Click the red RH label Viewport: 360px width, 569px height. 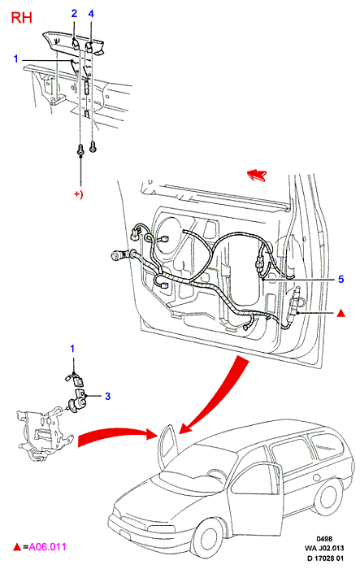pyautogui.click(x=21, y=17)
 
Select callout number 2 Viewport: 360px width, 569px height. pyautogui.click(x=74, y=14)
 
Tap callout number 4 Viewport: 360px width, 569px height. pyautogui.click(x=91, y=14)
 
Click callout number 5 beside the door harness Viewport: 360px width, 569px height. pyautogui.click(x=340, y=279)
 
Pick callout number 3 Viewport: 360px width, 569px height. pyautogui.click(x=107, y=396)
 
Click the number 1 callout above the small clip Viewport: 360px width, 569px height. pyautogui.click(x=72, y=349)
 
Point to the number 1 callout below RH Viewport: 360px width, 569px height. pyautogui.click(x=15, y=59)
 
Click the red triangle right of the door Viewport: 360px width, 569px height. pyautogui.click(x=340, y=314)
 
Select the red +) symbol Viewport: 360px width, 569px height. pyautogui.click(x=79, y=194)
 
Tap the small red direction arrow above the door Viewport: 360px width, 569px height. pyautogui.click(x=257, y=175)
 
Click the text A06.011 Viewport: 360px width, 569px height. pyautogui.click(x=48, y=546)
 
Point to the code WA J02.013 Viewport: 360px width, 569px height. pyautogui.click(x=324, y=548)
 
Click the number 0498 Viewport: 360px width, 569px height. pyautogui.click(x=324, y=539)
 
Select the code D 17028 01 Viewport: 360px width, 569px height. pyautogui.click(x=325, y=558)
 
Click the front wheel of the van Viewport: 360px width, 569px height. pyautogui.click(x=209, y=541)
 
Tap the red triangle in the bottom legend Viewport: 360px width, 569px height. pyautogui.click(x=17, y=547)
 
